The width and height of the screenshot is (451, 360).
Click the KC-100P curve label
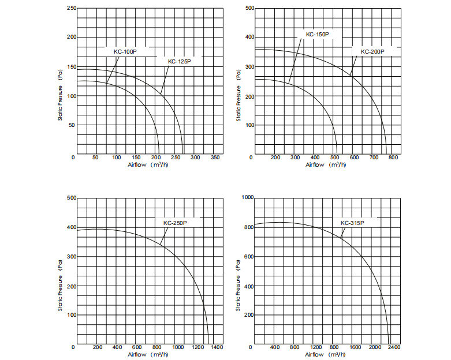click(125, 51)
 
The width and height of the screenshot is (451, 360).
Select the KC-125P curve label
click(179, 61)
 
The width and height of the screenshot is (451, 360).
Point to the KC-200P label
click(372, 51)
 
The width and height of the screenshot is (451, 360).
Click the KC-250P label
click(175, 223)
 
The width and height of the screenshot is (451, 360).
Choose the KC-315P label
click(352, 223)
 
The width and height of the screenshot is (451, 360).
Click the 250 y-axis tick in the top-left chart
click(72, 8)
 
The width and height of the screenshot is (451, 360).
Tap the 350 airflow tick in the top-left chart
click(215, 157)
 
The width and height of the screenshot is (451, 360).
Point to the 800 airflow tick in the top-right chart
click(393, 157)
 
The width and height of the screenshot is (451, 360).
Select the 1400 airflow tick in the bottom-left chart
click(217, 347)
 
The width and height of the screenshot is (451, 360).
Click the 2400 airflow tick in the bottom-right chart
click(394, 347)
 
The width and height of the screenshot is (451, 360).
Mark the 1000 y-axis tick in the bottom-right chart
click(248, 197)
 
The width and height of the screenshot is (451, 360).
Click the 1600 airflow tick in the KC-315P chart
click(356, 347)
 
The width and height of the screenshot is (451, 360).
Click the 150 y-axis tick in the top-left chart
click(72, 67)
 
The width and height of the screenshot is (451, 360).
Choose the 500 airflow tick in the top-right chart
click(334, 157)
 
